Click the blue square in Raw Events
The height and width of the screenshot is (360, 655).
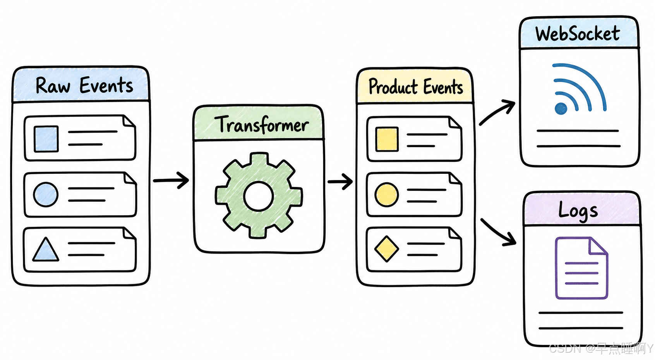click(x=46, y=139)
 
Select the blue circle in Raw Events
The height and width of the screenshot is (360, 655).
click(x=46, y=194)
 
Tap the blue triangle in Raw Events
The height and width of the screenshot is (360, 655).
click(x=46, y=249)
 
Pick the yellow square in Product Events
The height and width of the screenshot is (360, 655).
click(x=387, y=139)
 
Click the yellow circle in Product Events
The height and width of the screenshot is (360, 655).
click(x=387, y=195)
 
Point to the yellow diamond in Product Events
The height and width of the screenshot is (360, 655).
click(x=387, y=249)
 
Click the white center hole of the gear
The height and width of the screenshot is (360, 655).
click(x=259, y=196)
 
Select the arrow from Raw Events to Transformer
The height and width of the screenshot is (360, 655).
click(x=171, y=180)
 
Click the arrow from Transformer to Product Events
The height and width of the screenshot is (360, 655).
click(x=340, y=182)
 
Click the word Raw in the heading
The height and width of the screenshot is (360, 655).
click(x=53, y=86)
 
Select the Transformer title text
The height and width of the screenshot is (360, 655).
click(x=261, y=125)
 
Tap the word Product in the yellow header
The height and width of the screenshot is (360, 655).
click(x=393, y=87)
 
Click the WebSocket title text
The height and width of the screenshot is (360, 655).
click(x=578, y=33)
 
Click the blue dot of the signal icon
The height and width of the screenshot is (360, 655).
click(x=561, y=108)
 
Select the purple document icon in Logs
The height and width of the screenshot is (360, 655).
click(x=581, y=268)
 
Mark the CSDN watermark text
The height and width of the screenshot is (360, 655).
click(x=601, y=349)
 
